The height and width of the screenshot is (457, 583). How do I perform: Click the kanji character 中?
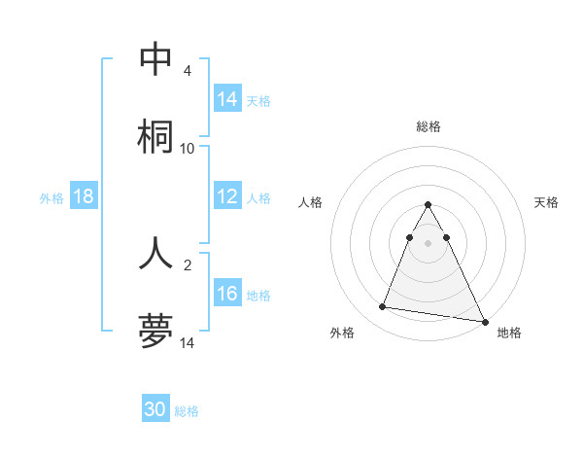[155, 59]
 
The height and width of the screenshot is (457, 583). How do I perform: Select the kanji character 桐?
[155, 137]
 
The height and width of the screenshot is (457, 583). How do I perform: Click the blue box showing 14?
[227, 99]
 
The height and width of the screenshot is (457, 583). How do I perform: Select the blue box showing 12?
[227, 197]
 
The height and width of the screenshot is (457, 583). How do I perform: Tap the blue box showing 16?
[227, 295]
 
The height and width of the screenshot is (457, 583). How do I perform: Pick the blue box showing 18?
[84, 197]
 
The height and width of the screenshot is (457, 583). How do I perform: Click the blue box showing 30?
[155, 409]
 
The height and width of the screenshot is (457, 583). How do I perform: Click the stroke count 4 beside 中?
[188, 71]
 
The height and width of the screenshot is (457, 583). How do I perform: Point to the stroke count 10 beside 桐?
[188, 149]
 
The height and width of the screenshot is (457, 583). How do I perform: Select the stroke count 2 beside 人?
[188, 264]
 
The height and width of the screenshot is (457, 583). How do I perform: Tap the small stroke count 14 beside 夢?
[188, 343]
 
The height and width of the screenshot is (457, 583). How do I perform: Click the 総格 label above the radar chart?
[429, 126]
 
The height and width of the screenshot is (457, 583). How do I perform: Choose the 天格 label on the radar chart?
[546, 202]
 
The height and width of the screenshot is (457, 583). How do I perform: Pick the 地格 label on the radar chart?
[509, 333]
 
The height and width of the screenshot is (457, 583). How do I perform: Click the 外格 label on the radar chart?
[342, 333]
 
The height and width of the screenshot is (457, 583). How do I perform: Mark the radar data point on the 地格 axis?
[483, 321]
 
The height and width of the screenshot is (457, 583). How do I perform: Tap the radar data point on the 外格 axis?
[383, 307]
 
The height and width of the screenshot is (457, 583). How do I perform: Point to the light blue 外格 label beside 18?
[51, 198]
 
